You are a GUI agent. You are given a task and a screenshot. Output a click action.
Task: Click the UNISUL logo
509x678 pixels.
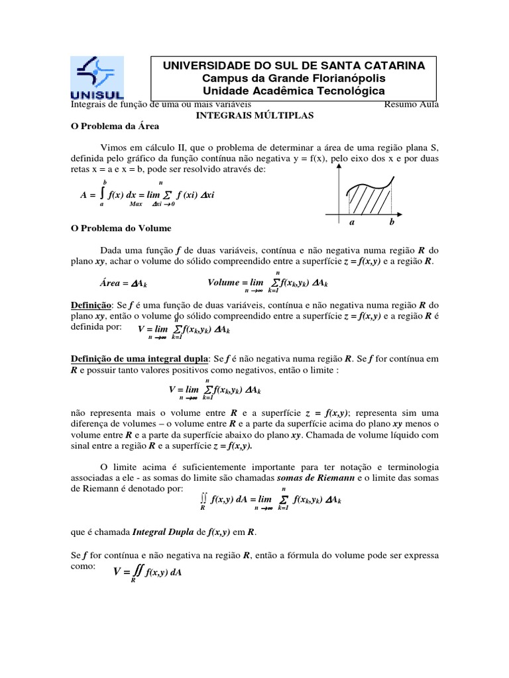pos(97,77)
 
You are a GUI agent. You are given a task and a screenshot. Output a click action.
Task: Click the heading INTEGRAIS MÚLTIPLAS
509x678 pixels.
pos(255,115)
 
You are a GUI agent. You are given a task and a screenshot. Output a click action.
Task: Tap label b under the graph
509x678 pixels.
pos(392,223)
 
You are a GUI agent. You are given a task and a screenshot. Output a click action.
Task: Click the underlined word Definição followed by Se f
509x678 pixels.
pos(91,305)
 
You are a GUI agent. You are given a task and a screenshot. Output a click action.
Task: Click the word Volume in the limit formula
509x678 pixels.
pos(223,282)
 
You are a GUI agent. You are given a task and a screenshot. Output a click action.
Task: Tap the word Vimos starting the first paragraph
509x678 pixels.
pos(113,146)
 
